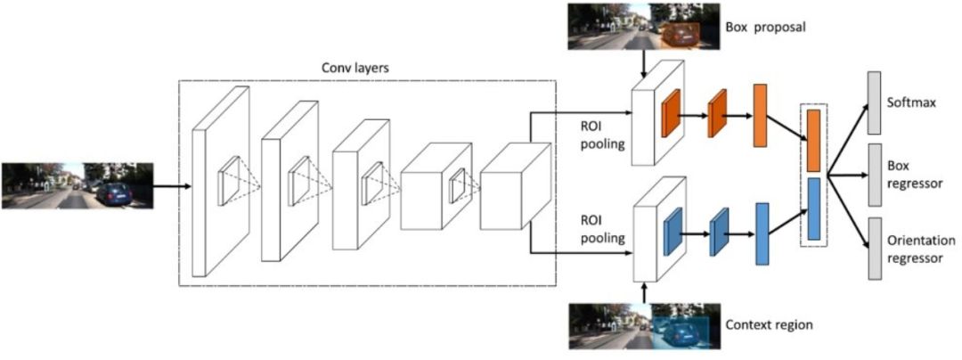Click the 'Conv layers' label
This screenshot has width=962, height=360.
point(352,68)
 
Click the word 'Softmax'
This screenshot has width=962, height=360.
point(911,102)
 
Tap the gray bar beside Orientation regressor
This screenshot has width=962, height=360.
point(874,249)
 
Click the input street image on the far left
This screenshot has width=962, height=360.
point(78,185)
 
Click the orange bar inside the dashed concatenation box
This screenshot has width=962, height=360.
point(813,140)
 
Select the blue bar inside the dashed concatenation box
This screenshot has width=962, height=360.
point(813,209)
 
